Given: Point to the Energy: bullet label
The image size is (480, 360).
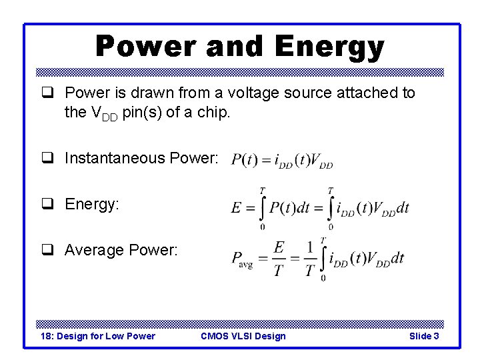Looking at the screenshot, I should (92, 204).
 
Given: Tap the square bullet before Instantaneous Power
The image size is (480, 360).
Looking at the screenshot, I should (48, 159).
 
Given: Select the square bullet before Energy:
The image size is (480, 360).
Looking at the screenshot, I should (48, 204).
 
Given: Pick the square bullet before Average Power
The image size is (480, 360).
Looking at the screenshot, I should (48, 250).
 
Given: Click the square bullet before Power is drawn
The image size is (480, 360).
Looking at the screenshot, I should (48, 93).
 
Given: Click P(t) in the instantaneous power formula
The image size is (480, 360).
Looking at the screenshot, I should (244, 161).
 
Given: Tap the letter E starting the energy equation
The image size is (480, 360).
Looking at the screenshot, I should (236, 208).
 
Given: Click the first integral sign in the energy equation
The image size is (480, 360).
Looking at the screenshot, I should (262, 207).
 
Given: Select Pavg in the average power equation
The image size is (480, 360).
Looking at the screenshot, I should (241, 259).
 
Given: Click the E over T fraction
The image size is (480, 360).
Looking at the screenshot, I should (279, 258).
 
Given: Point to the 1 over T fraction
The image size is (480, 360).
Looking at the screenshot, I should (309, 258).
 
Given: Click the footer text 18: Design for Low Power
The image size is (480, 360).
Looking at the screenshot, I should (98, 336).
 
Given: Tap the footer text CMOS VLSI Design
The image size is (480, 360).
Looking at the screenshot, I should (243, 336).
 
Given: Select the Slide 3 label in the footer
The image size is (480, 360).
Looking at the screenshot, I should (424, 336).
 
